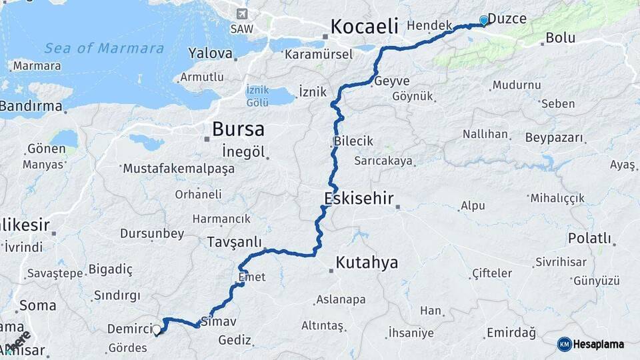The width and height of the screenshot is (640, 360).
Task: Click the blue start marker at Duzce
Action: coord(484,21)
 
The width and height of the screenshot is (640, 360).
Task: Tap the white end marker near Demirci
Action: coord(157,329)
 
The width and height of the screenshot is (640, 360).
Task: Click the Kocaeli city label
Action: coord(364,27)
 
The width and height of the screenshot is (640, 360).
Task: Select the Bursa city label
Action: coord(238,129)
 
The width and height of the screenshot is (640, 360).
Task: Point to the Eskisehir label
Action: coord(359,198)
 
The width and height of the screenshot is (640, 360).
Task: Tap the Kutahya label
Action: coord(367,262)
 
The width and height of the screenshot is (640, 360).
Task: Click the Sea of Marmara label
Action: coord(104,48)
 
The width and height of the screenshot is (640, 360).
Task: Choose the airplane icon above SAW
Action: coord(241,14)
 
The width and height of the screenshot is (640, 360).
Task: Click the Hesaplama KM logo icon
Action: coord(565,344)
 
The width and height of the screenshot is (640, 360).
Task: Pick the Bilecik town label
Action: coord(353,142)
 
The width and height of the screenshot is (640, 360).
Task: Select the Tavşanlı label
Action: coord(234,241)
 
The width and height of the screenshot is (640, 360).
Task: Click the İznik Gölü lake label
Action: coord(257,95)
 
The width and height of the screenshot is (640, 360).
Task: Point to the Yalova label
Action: coord(210,53)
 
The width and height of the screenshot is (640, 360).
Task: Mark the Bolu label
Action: coord(560,37)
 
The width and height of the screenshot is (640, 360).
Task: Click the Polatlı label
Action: coord(589,238)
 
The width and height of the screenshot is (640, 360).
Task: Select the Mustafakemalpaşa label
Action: coord(179,169)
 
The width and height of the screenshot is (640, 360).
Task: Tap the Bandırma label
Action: coord(31,106)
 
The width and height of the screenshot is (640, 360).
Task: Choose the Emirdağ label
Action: coord(511,332)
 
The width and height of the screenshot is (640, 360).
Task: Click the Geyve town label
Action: coord(392,81)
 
